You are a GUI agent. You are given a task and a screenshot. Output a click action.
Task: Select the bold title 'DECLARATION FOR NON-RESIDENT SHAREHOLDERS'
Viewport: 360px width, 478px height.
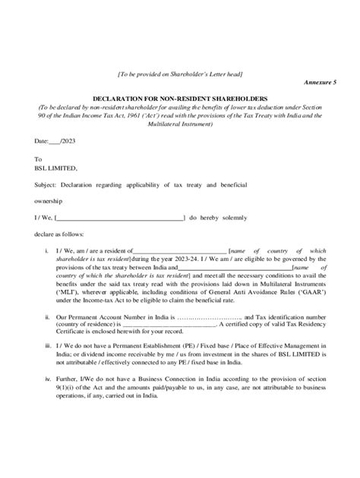180,99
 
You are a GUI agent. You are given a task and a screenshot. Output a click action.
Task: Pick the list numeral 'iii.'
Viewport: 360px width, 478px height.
47,345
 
